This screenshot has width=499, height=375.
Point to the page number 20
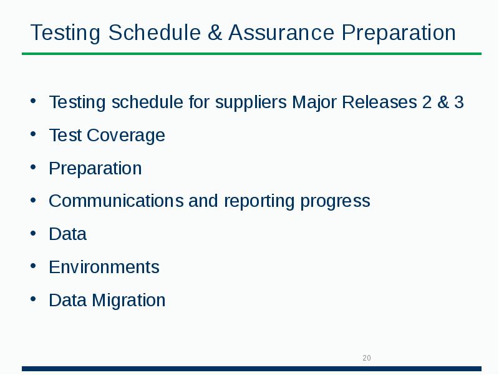367,358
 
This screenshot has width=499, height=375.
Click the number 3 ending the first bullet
459,102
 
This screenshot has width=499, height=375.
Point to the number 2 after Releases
427,102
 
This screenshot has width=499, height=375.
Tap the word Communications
116,201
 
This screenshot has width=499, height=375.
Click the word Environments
104,267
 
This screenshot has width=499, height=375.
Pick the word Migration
128,301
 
